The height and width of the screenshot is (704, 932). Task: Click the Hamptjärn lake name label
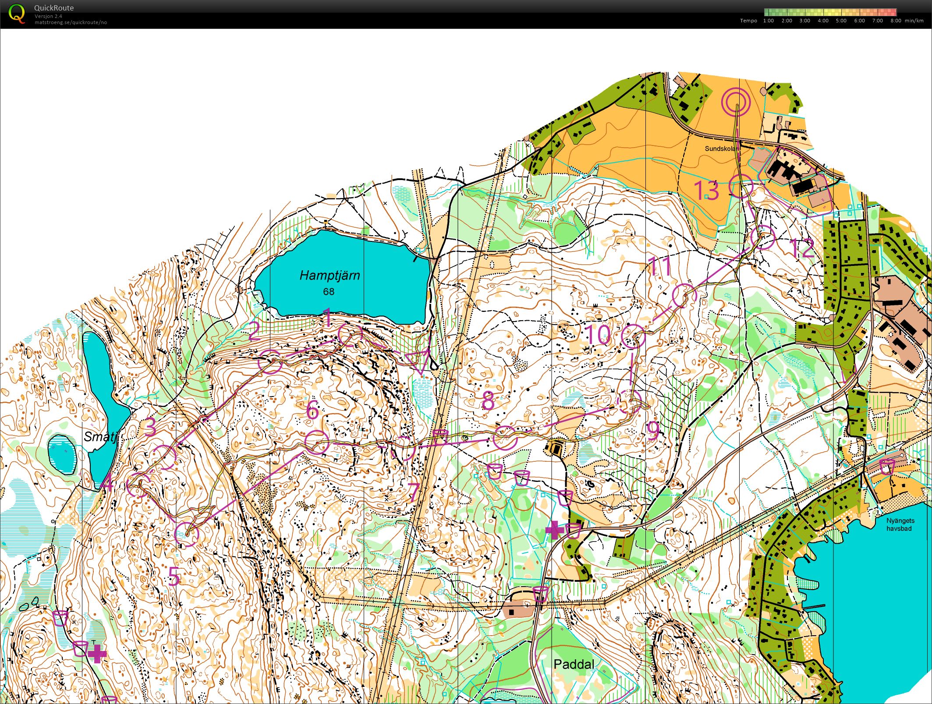point(330,276)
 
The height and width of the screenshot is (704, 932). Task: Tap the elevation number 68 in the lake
point(329,291)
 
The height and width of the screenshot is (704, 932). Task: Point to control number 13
point(706,191)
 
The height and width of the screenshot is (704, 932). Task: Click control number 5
point(174,576)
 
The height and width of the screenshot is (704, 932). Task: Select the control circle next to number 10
point(634,336)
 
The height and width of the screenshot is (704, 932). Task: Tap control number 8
point(488,400)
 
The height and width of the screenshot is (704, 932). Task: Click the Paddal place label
point(574,664)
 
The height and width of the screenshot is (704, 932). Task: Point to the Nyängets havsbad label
point(900,524)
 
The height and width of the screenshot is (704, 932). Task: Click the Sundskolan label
point(721,149)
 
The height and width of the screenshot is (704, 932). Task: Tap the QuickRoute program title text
point(53,8)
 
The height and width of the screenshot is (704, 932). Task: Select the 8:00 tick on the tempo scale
point(896,21)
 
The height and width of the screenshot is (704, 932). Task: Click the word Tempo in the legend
point(748,21)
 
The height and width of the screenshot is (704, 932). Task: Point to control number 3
point(150,427)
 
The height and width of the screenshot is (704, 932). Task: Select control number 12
point(801,248)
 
